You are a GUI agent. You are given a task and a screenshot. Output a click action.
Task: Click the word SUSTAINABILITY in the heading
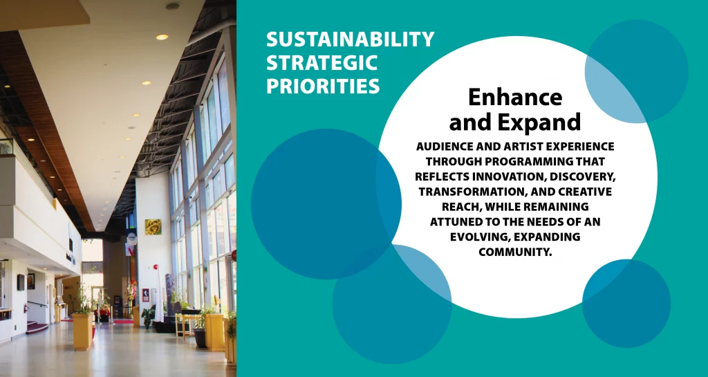(350, 39)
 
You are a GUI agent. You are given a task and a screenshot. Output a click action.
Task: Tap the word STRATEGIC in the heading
(322, 63)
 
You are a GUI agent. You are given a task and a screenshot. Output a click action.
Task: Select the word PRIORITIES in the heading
(323, 86)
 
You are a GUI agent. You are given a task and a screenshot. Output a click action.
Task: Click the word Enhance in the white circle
(515, 97)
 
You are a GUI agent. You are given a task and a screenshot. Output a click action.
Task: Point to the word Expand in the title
(539, 122)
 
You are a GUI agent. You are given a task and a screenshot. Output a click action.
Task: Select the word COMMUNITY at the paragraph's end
(515, 252)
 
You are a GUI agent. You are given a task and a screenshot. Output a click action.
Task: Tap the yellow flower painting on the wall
(153, 227)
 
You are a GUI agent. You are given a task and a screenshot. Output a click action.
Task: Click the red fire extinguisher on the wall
(26, 308)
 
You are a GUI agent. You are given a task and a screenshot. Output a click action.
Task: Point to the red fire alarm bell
(154, 267)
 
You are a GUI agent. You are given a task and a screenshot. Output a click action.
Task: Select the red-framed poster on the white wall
(146, 295)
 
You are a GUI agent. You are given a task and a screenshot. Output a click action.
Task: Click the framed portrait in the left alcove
(30, 282)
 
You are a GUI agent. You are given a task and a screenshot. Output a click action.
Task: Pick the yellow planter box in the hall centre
(82, 332)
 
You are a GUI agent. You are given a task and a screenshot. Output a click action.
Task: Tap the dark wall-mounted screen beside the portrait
(21, 283)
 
